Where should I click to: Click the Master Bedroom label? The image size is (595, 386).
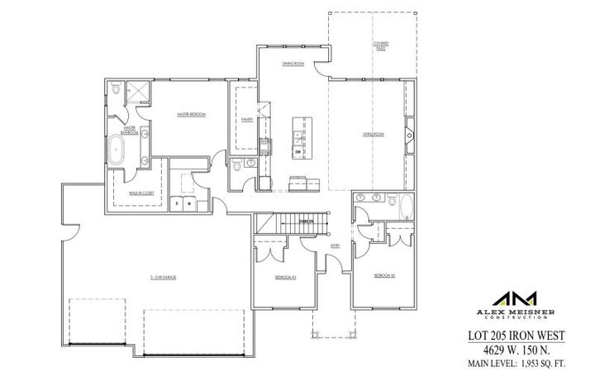[x=190, y=113]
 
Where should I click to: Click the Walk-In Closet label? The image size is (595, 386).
[x=142, y=192]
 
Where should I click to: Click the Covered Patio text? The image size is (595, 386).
[x=381, y=45]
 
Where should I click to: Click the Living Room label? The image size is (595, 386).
[x=374, y=134]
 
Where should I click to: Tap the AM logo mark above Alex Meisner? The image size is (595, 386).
[x=516, y=298]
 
